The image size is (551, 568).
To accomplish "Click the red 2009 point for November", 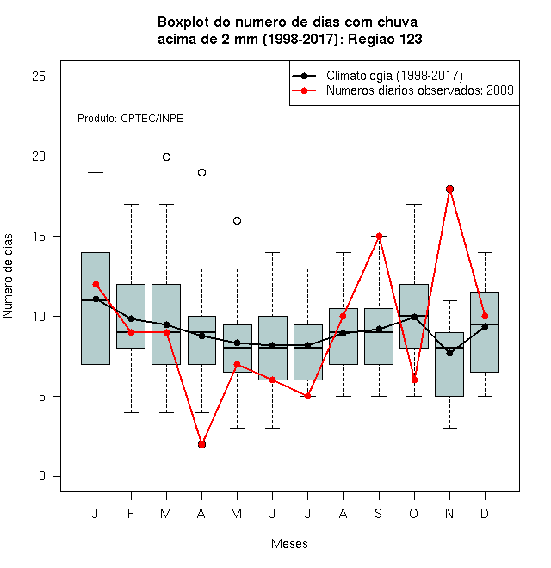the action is point(450,188).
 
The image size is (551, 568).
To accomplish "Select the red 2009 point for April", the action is point(202,444).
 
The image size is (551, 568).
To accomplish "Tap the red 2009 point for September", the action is point(379,236).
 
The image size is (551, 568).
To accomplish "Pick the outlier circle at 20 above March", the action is point(166,157).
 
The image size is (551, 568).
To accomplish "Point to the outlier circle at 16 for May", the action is point(237,220).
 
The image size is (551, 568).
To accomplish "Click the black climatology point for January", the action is point(96,299).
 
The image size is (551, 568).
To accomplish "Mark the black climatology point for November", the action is point(450,353).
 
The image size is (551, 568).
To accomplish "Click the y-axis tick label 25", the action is point(39,77).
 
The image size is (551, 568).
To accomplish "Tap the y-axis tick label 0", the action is point(42,476).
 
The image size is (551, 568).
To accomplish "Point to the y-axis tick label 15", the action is point(39,237).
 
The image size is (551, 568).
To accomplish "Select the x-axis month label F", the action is point(131,513).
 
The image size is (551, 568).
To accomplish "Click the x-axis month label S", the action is point(379,513).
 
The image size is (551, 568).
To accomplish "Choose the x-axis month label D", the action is point(485,513).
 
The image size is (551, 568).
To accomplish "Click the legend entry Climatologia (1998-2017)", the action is point(394,76).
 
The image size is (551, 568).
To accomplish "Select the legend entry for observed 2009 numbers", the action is point(420,90).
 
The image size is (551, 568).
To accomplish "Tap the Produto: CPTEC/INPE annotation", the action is point(130,119).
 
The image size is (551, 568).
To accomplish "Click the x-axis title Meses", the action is point(289,544).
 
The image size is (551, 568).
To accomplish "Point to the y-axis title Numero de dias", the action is point(8,276).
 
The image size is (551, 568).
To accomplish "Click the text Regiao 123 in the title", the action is point(385,39).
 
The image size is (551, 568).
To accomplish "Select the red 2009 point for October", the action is point(414,380).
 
